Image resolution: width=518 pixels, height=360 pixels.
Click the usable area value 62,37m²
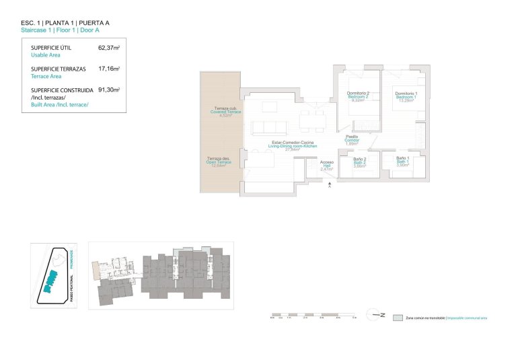click(108, 48)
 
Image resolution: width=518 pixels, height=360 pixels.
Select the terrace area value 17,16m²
click(108, 69)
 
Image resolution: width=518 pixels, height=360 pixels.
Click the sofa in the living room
click(266, 127)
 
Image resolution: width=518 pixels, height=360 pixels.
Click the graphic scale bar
click(313, 314)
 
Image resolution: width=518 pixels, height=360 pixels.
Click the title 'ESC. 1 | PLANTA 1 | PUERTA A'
click(65, 23)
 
